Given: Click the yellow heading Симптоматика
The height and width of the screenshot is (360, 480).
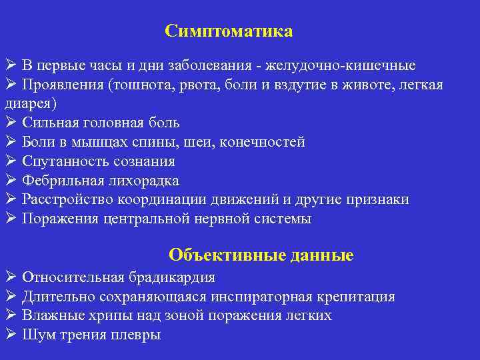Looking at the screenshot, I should click(229, 31).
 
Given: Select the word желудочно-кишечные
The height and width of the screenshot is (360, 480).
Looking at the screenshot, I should click(341, 66).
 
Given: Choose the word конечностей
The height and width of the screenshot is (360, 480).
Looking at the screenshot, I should click(266, 142).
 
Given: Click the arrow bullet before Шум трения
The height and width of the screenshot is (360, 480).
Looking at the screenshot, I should click(10, 334).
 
